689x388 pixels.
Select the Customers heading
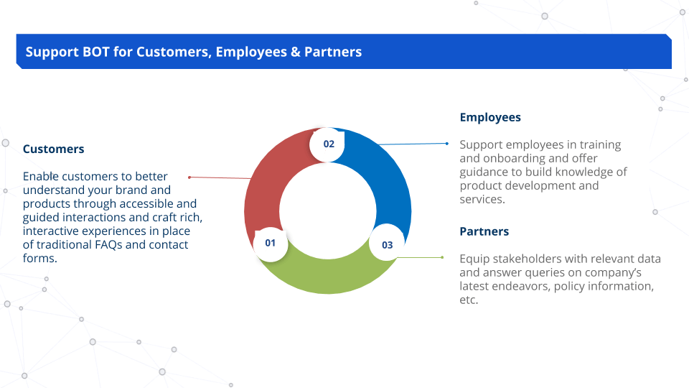click(x=53, y=149)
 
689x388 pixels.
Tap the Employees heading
click(x=490, y=117)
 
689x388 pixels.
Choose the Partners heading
click(x=484, y=231)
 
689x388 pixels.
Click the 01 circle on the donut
click(x=271, y=243)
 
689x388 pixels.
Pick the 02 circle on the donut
click(x=329, y=144)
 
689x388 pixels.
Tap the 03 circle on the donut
click(x=387, y=245)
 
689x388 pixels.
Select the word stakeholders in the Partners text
click(x=523, y=259)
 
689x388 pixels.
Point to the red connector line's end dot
click(x=189, y=177)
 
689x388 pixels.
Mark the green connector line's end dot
click(x=442, y=257)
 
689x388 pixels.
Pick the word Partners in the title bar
click(x=333, y=52)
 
